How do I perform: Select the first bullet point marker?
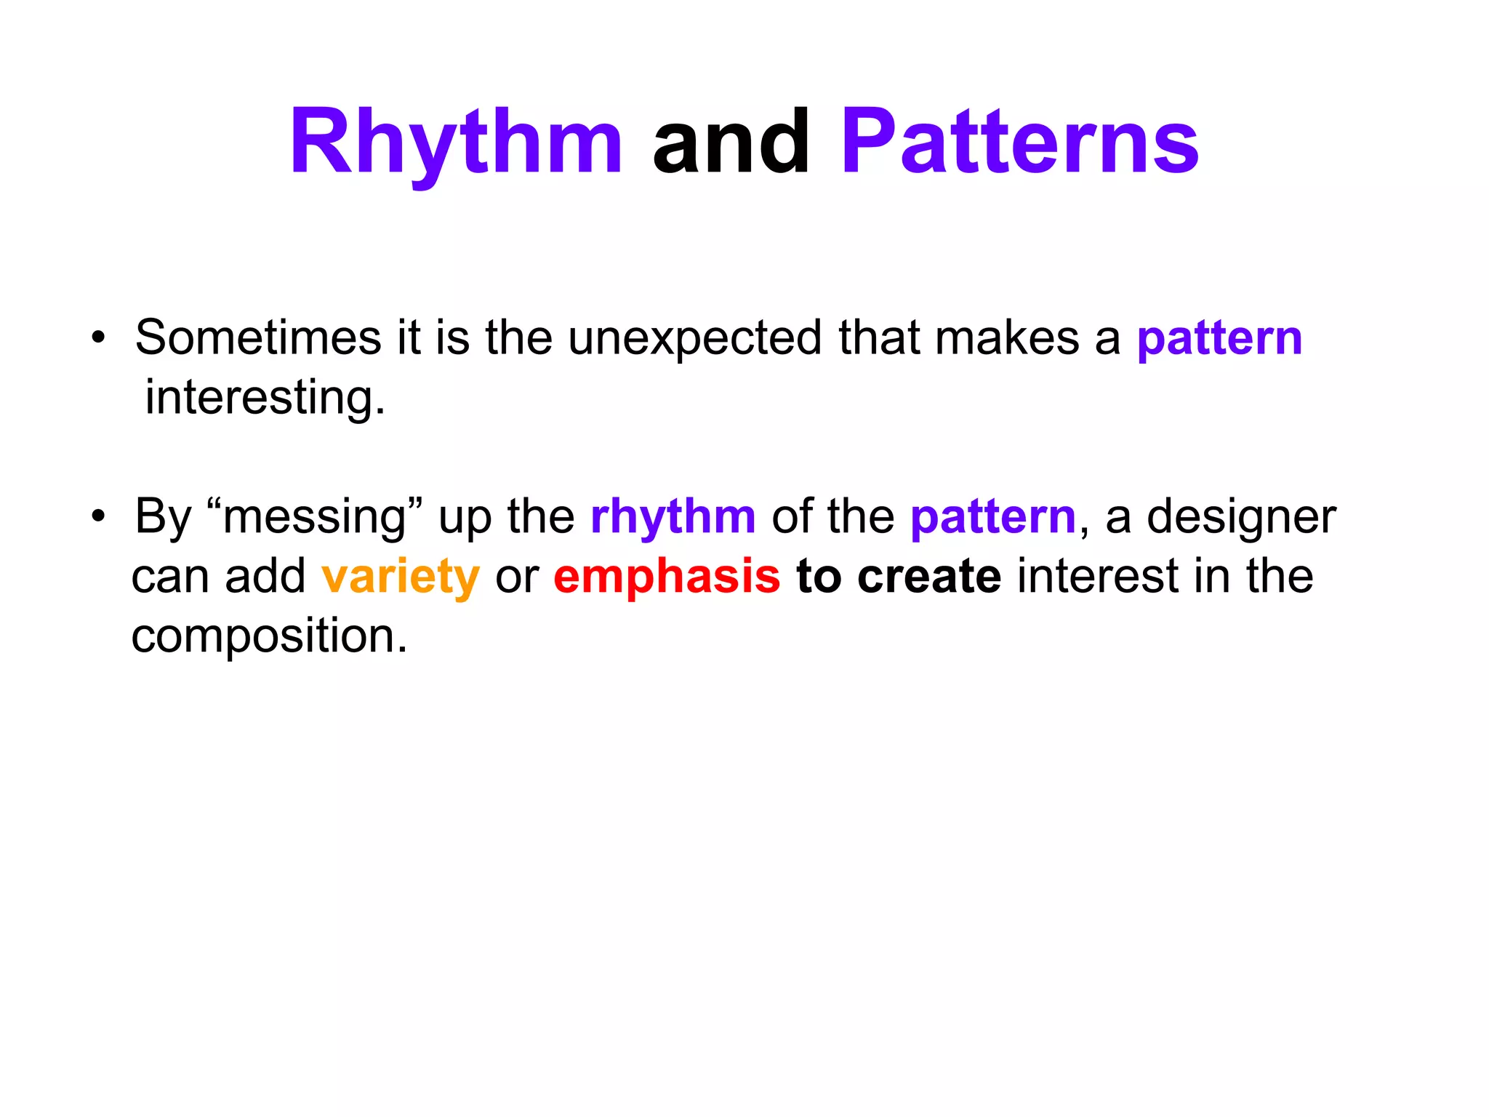click(x=99, y=338)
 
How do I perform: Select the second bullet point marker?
click(x=99, y=517)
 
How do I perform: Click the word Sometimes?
click(x=258, y=338)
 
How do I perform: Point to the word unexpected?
click(x=694, y=338)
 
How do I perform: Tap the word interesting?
click(x=265, y=399)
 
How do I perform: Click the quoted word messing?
click(x=314, y=518)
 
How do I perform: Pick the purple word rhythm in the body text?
click(x=673, y=518)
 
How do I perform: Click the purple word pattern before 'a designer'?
click(x=992, y=518)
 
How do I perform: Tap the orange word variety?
click(x=401, y=577)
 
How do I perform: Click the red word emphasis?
click(x=667, y=577)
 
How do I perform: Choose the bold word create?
click(x=929, y=577)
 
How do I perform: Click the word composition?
click(x=269, y=637)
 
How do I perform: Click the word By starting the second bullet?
click(x=163, y=518)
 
